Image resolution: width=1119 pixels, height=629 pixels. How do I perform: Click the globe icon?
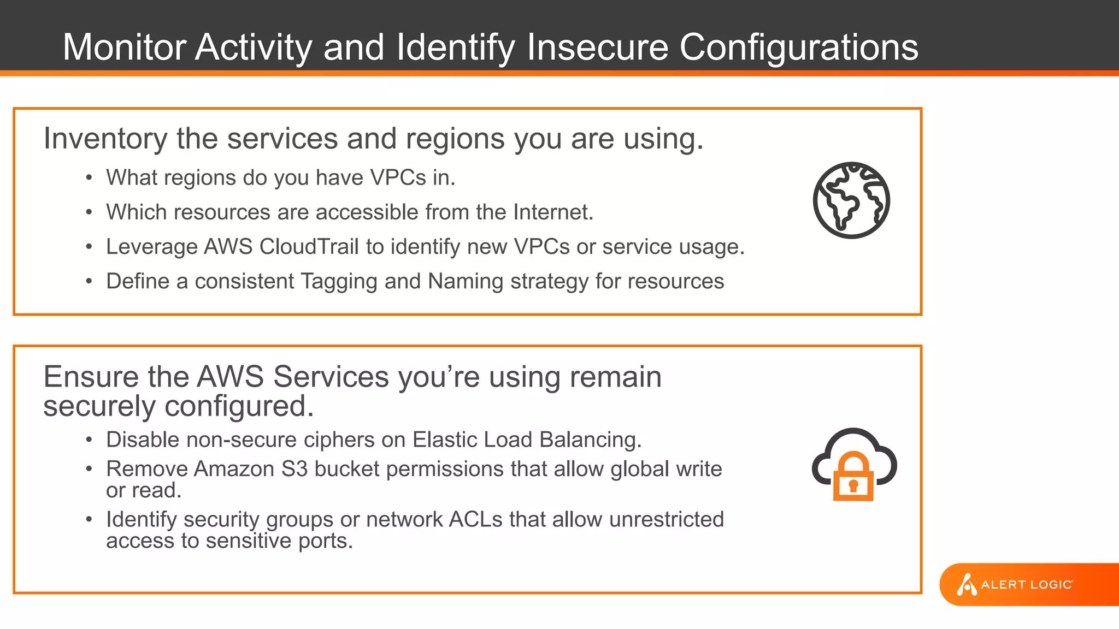(x=851, y=200)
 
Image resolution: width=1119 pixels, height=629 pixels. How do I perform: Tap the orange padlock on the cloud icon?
(x=853, y=477)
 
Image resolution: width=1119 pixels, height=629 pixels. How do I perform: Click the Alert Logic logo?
(x=1015, y=584)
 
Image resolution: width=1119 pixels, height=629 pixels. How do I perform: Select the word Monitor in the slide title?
(x=125, y=47)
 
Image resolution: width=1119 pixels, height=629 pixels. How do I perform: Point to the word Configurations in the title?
(x=798, y=47)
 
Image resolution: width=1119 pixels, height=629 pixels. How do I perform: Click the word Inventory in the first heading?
(x=105, y=139)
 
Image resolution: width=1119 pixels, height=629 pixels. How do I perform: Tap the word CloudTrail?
(x=309, y=247)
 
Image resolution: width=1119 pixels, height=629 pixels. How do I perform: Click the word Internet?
(x=552, y=212)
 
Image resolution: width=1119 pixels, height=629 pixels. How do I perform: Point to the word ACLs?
(x=475, y=519)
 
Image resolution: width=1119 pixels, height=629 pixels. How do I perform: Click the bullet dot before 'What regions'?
(x=89, y=178)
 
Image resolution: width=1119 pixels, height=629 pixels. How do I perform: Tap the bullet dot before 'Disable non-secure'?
(x=89, y=440)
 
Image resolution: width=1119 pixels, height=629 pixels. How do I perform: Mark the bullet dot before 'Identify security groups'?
(x=89, y=520)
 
